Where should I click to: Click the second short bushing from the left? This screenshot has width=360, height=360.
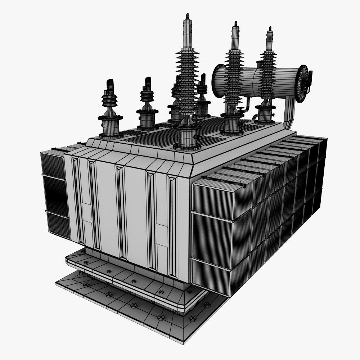click(x=147, y=104)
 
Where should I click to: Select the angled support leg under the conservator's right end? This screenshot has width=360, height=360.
click(x=289, y=113)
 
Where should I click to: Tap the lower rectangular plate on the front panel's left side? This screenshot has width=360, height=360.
click(x=87, y=212)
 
